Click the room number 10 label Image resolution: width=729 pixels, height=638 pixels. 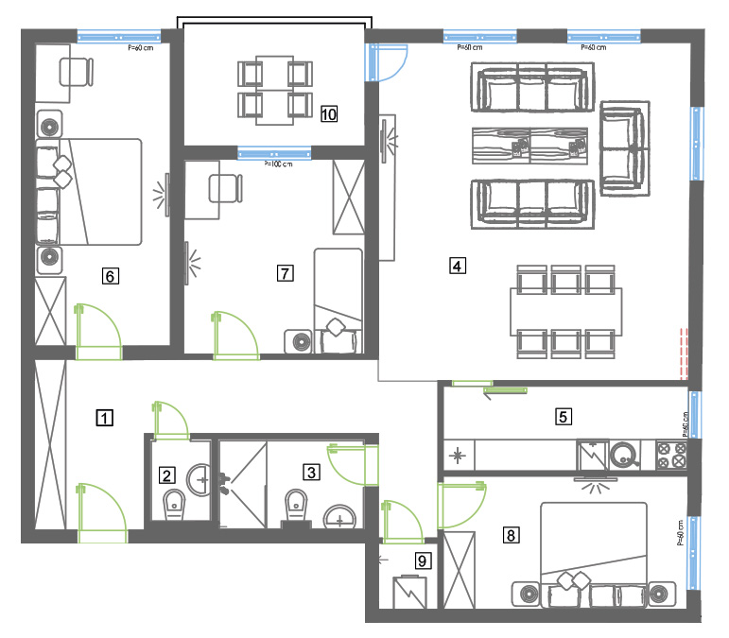(329, 113)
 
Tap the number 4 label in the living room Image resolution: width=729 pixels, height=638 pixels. (458, 266)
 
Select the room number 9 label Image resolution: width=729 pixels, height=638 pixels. (423, 560)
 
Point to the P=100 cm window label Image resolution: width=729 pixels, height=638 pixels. (278, 164)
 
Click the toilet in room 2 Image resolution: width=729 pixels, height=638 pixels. (174, 505)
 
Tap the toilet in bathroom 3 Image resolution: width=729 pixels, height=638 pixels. (296, 505)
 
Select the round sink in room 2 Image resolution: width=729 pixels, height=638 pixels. (199, 479)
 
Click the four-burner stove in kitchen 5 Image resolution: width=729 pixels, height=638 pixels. (671, 455)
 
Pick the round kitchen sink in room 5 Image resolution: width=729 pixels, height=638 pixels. (624, 455)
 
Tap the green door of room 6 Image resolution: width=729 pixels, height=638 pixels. (99, 332)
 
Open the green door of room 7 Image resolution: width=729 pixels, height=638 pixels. (235, 335)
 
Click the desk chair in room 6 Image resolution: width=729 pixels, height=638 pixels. (77, 72)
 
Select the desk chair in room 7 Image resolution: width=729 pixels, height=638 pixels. (225, 188)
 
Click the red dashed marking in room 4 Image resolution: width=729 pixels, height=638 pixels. (684, 351)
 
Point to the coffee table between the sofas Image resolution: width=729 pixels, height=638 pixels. (530, 146)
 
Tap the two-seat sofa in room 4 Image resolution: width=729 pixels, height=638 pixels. (624, 148)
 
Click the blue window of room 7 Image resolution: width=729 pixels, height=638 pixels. (274, 153)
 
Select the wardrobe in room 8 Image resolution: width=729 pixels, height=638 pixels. (460, 570)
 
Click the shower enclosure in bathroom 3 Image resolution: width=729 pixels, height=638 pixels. (243, 485)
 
